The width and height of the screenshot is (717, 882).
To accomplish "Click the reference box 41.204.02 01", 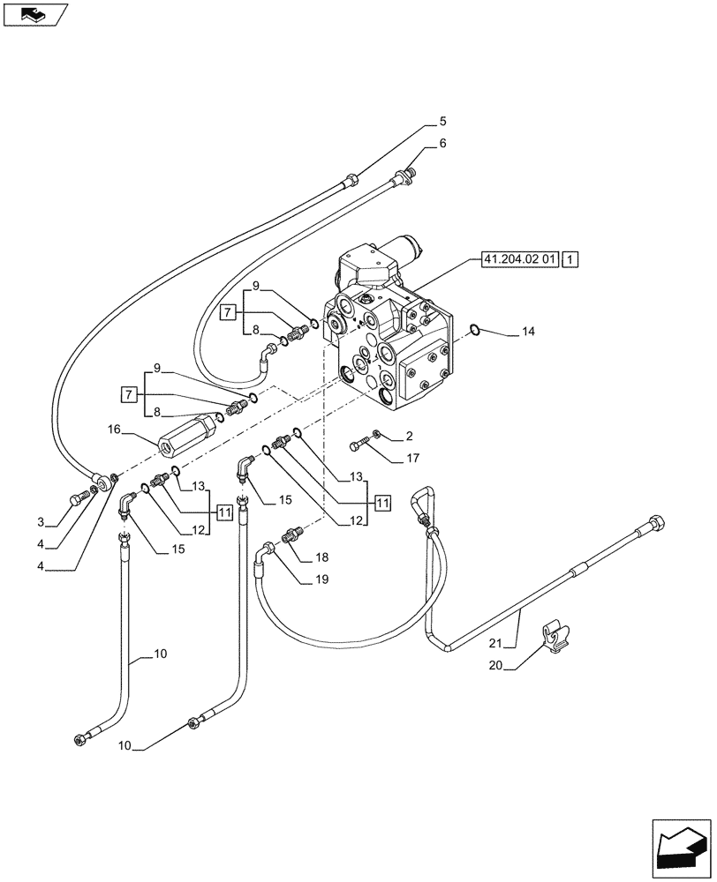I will (x=519, y=259).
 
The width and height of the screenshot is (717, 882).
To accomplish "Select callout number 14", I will (x=528, y=333).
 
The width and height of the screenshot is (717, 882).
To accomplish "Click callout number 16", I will (x=114, y=430).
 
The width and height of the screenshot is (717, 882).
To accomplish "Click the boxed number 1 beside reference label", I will (x=570, y=259).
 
